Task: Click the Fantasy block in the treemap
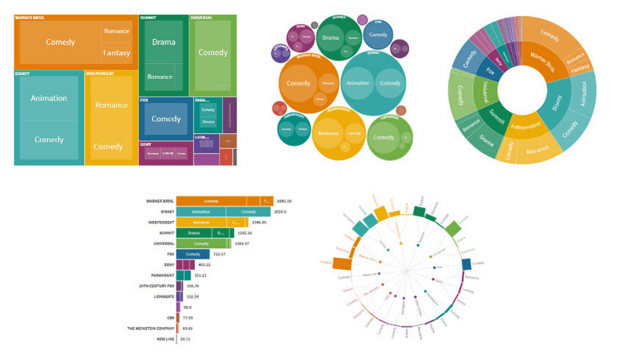pyautogui.click(x=117, y=53)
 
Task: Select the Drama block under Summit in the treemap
pyautogui.click(x=163, y=42)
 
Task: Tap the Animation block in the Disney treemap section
pyautogui.click(x=49, y=98)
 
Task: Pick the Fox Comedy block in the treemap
pyautogui.click(x=166, y=119)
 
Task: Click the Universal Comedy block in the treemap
pyautogui.click(x=212, y=53)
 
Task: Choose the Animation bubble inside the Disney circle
pyautogui.click(x=359, y=83)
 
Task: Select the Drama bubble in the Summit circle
pyautogui.click(x=330, y=38)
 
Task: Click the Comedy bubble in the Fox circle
pyautogui.click(x=379, y=34)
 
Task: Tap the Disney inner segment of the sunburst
pyautogui.click(x=557, y=101)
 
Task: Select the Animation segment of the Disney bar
pyautogui.click(x=201, y=212)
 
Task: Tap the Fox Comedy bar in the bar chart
pyautogui.click(x=192, y=254)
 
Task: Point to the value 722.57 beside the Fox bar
pyautogui.click(x=220, y=254)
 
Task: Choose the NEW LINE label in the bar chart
pyautogui.click(x=164, y=338)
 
